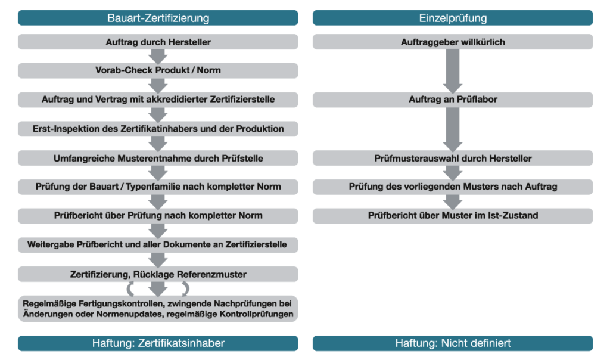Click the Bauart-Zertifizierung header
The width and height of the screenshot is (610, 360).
(x=158, y=18)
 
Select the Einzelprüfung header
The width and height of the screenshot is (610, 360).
(x=453, y=18)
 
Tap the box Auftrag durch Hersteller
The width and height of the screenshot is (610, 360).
(x=158, y=42)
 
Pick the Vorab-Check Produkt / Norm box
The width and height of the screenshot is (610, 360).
(x=158, y=70)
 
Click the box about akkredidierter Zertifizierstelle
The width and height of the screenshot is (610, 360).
(x=158, y=100)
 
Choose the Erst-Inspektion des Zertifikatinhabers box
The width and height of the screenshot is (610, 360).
(x=158, y=128)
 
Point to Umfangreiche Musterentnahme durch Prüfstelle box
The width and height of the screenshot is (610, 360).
(x=158, y=158)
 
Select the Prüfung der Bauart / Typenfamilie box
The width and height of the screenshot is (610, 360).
(x=158, y=187)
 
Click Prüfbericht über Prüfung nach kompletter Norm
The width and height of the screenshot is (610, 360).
(x=158, y=215)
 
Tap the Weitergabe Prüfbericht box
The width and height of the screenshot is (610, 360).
(x=158, y=244)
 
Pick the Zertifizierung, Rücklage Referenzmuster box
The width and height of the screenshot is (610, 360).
(x=158, y=274)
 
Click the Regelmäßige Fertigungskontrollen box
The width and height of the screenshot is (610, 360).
(x=158, y=308)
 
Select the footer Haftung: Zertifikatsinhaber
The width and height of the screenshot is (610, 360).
(x=158, y=343)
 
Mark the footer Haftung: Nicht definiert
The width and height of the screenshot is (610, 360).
(x=453, y=343)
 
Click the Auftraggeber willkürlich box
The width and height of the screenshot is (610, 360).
(x=453, y=42)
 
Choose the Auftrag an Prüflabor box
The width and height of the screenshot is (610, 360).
(x=453, y=100)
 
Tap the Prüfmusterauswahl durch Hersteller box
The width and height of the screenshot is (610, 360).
(x=453, y=158)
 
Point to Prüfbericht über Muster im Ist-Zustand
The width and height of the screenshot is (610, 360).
(x=453, y=215)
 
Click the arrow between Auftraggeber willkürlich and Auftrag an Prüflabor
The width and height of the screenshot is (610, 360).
(x=453, y=70)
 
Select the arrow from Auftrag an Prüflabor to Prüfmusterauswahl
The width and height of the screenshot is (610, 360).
(x=453, y=129)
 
